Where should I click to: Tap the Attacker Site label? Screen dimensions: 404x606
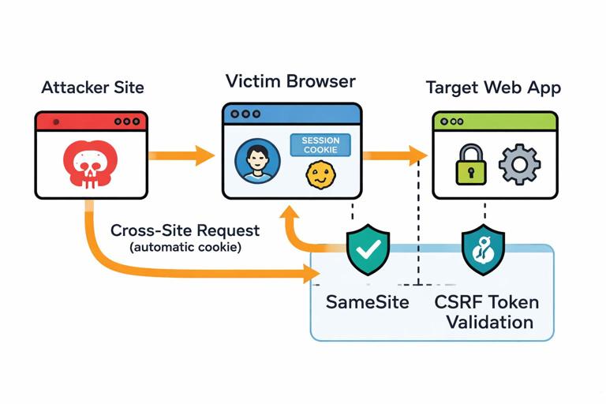coord(92,87)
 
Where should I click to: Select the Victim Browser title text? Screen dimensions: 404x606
coord(290,81)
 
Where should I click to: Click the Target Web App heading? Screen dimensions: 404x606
coord(493,87)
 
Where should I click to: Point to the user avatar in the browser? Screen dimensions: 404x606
coord(257,161)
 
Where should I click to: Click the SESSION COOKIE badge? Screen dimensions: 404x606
coord(320,144)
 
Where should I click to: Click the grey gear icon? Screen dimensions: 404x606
coord(520,164)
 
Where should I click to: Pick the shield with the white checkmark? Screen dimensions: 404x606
coord(368,250)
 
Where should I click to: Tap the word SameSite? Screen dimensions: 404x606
coord(367,301)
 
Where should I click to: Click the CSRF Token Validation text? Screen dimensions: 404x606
coord(489,312)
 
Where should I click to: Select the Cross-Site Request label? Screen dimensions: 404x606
coord(185,230)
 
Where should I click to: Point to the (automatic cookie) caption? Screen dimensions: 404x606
coord(185,246)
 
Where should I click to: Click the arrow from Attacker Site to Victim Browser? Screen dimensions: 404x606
coord(181,155)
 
